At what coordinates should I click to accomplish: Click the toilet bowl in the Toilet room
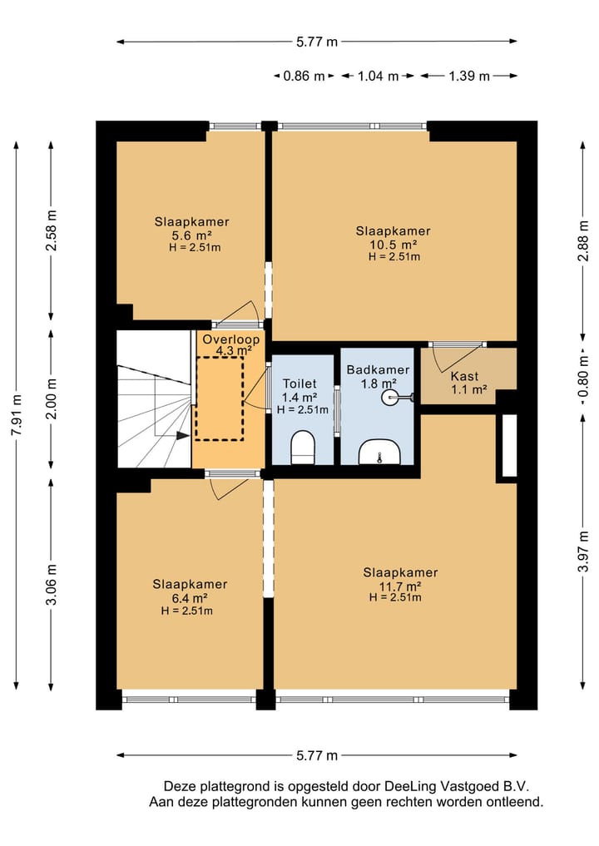tap(302, 448)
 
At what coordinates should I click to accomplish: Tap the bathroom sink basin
tap(380, 452)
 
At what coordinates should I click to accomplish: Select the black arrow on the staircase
tap(182, 435)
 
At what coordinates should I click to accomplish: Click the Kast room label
tap(464, 376)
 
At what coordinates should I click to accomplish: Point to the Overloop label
tap(231, 340)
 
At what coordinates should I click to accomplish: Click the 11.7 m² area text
tap(400, 586)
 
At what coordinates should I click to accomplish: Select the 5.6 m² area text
tap(191, 235)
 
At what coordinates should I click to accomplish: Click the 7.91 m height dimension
tap(17, 415)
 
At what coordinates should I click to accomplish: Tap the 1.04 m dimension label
tap(378, 76)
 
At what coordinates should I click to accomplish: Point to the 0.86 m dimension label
tap(304, 76)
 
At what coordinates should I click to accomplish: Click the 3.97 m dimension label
tap(583, 552)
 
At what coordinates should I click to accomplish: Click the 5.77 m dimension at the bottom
tap(317, 755)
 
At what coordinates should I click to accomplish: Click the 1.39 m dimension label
tap(469, 76)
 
